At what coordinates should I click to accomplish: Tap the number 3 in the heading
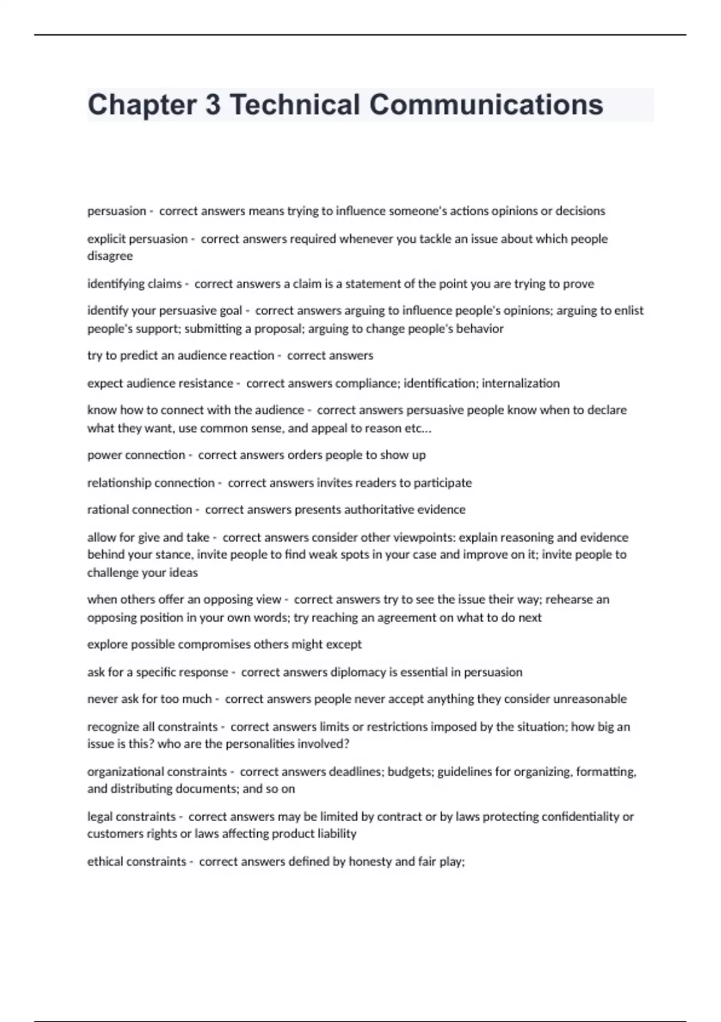213,105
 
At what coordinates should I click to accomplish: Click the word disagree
110,256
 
